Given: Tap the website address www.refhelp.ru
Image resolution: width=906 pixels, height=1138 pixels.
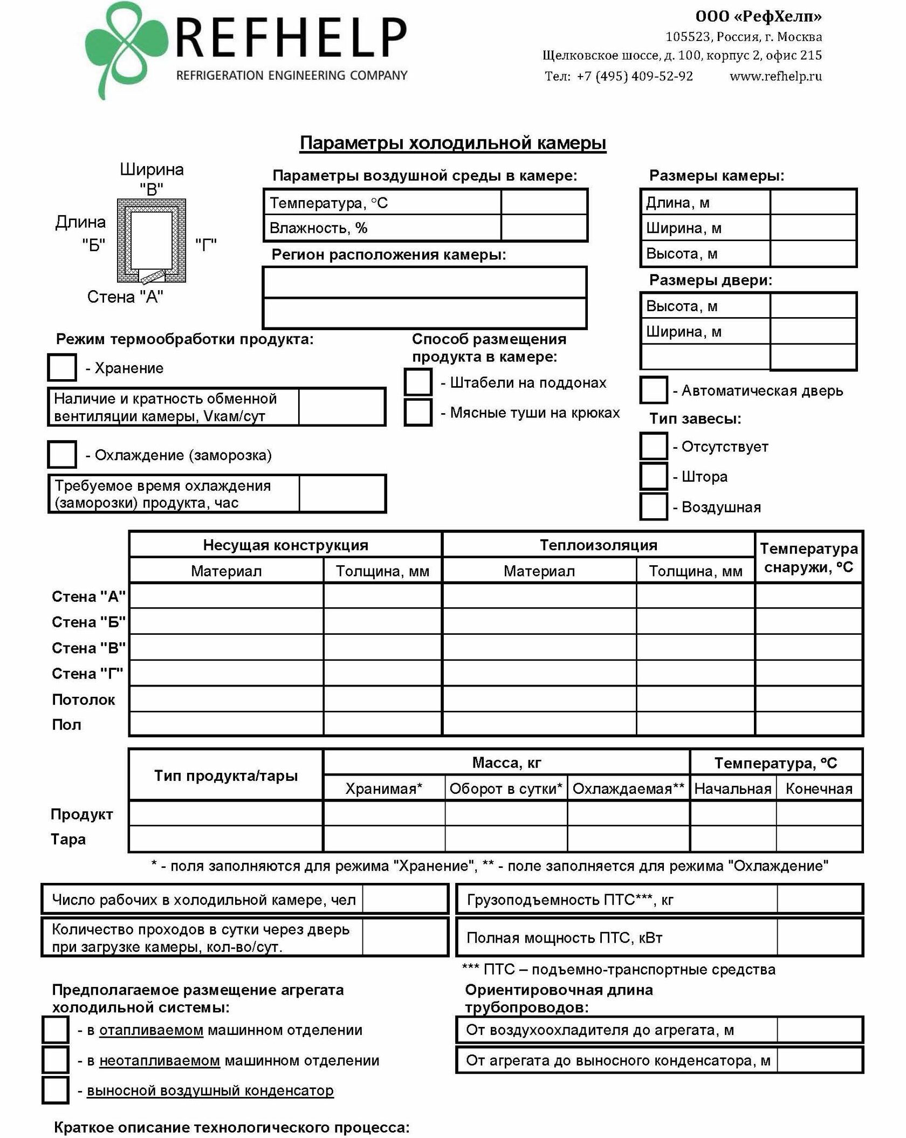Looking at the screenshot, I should [775, 76].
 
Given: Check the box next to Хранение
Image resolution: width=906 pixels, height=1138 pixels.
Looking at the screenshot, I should [62, 367].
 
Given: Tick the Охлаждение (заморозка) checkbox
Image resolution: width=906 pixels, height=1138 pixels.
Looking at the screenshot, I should [62, 454].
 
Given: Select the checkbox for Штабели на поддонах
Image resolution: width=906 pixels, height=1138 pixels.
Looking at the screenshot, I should [418, 382].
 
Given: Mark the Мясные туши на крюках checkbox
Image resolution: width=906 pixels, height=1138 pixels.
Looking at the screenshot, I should [418, 413].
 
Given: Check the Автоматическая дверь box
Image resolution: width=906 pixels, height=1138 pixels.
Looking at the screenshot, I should [654, 390].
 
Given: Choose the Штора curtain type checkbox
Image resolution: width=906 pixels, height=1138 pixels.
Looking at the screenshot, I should [654, 476].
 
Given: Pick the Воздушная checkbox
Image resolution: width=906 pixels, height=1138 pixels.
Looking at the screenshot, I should [654, 507].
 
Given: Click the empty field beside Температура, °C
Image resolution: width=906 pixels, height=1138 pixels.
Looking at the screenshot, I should [544, 202].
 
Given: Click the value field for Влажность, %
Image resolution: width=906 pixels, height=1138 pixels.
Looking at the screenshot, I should [544, 228].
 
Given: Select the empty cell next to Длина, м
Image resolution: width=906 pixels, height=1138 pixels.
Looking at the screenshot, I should [813, 202].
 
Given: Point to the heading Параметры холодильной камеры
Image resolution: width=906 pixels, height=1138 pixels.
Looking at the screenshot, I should [453, 143].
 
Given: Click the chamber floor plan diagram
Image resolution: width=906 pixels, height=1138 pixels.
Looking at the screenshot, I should [152, 241].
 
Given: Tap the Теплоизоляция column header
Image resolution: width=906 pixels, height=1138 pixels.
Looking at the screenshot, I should [598, 545].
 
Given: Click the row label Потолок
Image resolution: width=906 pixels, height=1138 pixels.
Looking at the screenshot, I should [84, 700].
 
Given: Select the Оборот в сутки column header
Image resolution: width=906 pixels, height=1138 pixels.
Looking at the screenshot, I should [506, 789].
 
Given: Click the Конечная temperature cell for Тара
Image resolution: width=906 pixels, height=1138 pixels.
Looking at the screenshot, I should [819, 839].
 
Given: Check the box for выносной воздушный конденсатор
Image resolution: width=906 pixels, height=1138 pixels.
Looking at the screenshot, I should [56, 1090].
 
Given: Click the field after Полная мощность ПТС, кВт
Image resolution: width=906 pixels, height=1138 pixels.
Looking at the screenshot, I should [819, 938].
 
